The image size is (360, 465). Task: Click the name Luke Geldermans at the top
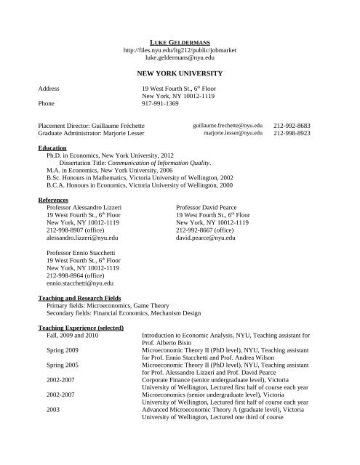click(x=180, y=33)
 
